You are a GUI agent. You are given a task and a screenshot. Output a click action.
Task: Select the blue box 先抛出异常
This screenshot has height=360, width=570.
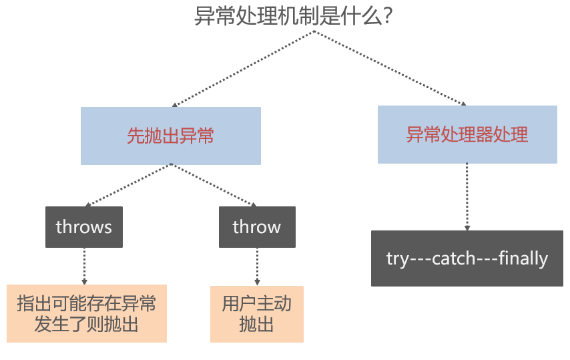170,136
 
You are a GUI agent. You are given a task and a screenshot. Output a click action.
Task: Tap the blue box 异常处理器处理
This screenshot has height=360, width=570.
467,134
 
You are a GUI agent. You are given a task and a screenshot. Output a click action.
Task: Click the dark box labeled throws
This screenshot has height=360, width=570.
84,226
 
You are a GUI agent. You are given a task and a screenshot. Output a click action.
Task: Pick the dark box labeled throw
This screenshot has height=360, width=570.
257,226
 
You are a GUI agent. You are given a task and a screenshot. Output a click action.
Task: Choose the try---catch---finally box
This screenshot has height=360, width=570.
467,258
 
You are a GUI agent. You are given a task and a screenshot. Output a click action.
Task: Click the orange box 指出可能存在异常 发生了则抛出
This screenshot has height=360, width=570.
87,314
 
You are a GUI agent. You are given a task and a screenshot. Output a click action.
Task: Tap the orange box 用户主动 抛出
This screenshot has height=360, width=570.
257,314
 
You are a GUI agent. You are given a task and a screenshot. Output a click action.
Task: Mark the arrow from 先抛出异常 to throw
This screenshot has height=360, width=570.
214,185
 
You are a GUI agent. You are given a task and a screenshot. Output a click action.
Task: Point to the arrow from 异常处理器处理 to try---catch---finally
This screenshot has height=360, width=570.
467,197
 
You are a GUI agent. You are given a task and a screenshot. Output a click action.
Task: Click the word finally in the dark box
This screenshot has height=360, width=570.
523,258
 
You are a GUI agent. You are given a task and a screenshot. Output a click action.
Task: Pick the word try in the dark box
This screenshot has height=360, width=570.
396,259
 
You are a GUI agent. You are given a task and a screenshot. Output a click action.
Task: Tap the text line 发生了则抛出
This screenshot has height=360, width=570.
87,325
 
